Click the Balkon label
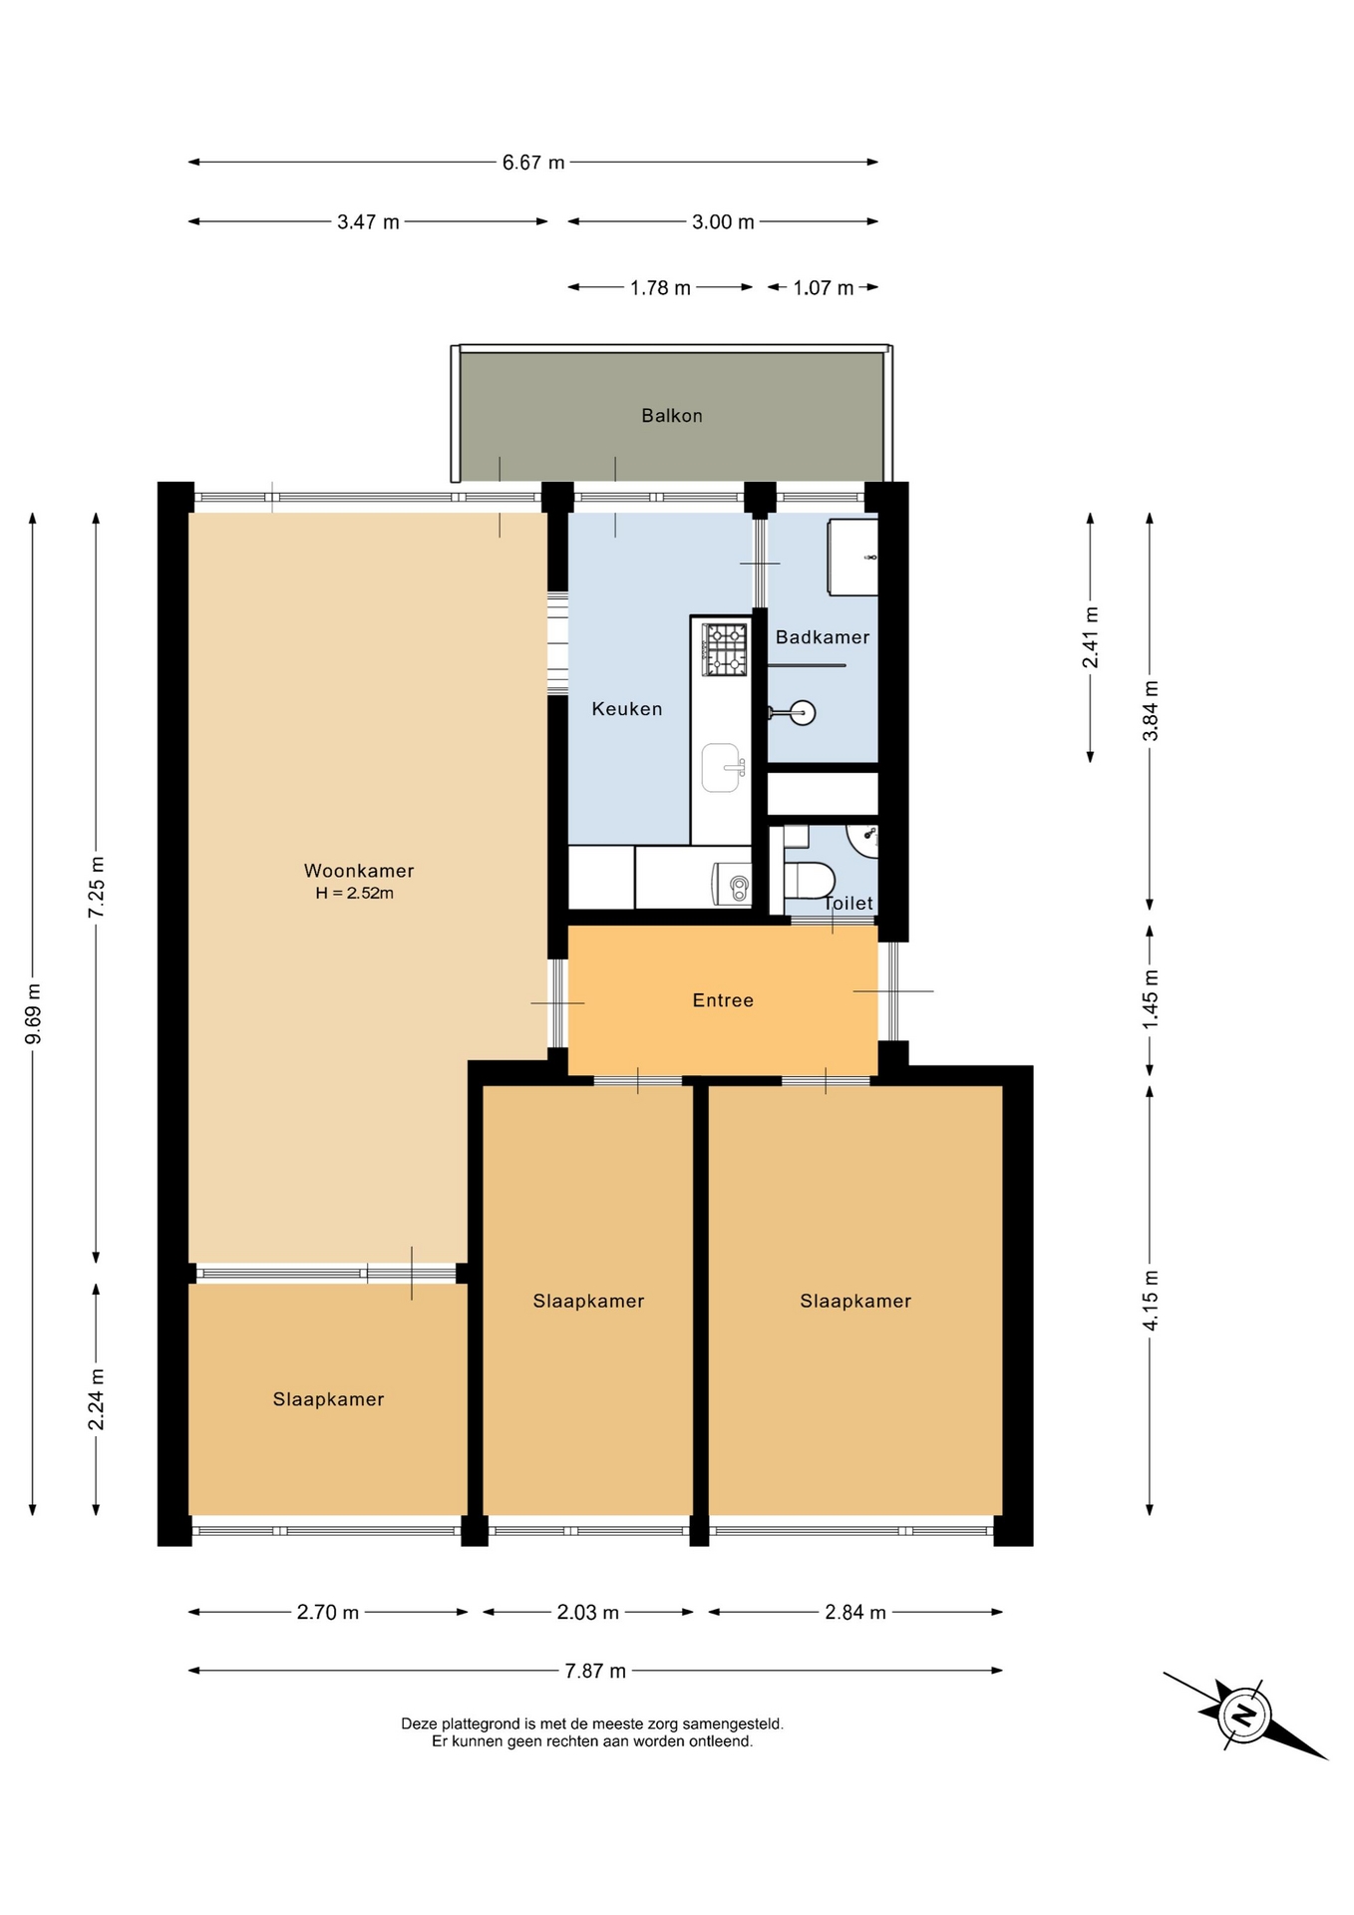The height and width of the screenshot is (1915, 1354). (x=671, y=416)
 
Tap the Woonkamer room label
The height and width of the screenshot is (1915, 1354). (x=359, y=871)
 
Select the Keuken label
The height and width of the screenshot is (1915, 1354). (x=627, y=709)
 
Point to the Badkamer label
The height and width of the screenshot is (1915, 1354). (x=823, y=637)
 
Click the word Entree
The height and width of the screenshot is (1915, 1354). (x=723, y=1000)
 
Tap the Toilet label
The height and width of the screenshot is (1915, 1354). (x=848, y=903)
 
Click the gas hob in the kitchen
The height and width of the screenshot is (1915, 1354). (x=725, y=649)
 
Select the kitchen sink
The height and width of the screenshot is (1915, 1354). (x=723, y=768)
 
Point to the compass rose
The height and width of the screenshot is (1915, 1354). (x=1244, y=1715)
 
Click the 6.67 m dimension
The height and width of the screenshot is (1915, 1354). (x=533, y=163)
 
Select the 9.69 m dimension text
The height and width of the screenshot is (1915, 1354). (x=34, y=1014)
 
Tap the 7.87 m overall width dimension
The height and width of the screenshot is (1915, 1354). (x=595, y=1671)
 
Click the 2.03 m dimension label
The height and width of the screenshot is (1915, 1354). (x=588, y=1612)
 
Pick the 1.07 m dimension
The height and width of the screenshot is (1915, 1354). (x=824, y=288)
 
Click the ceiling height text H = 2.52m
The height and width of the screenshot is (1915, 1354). (x=355, y=894)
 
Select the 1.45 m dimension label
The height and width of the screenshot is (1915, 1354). (x=1151, y=999)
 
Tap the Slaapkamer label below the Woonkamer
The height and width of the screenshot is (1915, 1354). (x=328, y=1399)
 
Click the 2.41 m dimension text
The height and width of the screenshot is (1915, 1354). (x=1091, y=637)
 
